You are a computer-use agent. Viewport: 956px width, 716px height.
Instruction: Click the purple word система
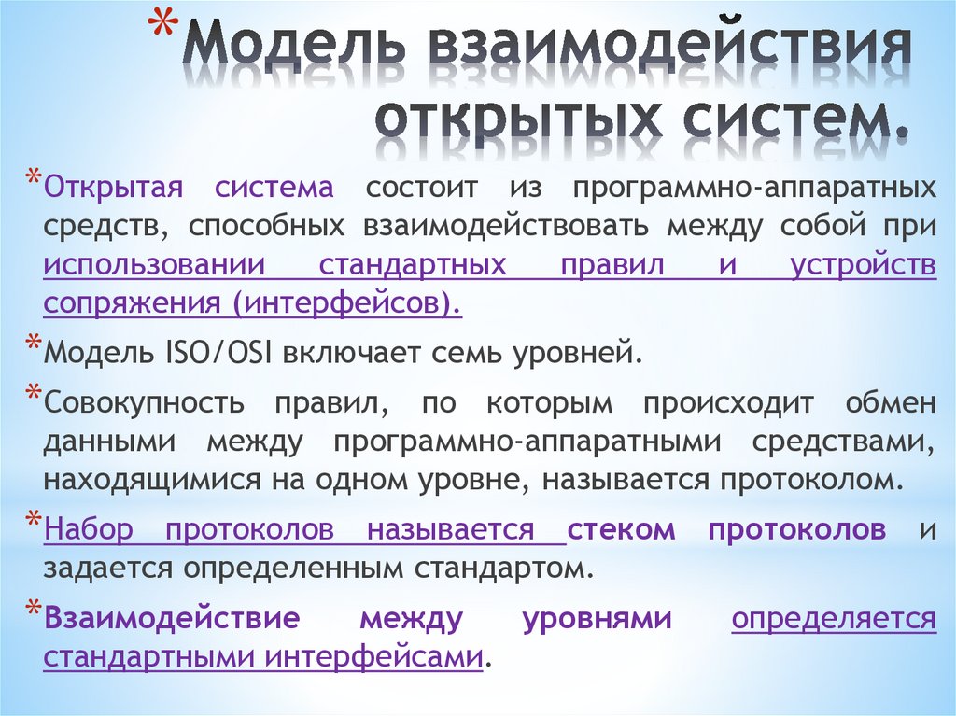(274, 187)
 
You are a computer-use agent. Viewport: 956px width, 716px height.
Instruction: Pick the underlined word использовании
(155, 265)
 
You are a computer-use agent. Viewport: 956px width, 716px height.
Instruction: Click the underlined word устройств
(863, 265)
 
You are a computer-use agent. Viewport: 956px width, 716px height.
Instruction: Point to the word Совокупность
(144, 403)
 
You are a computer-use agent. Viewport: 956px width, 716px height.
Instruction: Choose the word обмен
(891, 403)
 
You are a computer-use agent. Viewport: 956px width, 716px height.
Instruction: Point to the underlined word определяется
(834, 618)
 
